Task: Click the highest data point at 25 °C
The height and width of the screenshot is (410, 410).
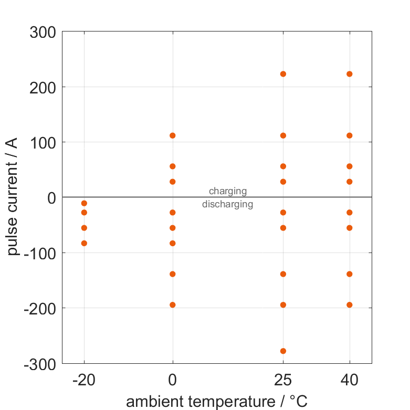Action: (283, 74)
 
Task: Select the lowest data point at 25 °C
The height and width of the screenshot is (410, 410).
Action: (283, 351)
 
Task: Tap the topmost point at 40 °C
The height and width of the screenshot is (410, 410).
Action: (350, 74)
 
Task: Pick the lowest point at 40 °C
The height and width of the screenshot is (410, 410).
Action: (350, 304)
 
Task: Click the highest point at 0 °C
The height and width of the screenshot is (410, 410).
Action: (173, 135)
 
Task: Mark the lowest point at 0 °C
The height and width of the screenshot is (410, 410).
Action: (173, 304)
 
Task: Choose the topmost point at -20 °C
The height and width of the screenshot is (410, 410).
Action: (84, 203)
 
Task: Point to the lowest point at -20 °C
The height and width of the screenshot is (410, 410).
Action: (84, 243)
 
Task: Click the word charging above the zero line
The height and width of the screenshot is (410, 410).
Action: (228, 191)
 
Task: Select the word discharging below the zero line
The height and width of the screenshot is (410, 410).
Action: (228, 204)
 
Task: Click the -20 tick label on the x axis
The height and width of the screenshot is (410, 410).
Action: (83, 380)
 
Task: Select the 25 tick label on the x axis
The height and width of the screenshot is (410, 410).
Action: (283, 380)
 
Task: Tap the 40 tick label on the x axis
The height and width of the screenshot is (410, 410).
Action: (350, 380)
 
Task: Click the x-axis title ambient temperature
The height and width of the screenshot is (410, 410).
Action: (216, 402)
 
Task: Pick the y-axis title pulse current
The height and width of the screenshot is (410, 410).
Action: (14, 197)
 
